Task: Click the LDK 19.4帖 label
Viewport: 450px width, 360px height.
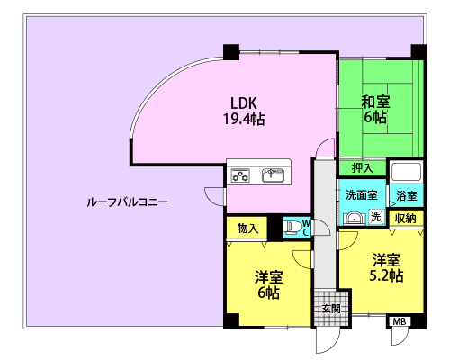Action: (x=244, y=111)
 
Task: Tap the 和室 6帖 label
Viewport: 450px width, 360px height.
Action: (x=375, y=109)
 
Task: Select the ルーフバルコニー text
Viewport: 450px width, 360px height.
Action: (x=127, y=202)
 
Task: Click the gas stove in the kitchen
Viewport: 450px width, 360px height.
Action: (x=240, y=175)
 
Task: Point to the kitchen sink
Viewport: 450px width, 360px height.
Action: (x=273, y=175)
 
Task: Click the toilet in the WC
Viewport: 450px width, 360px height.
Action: (x=291, y=228)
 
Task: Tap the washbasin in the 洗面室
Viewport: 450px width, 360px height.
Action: (x=355, y=218)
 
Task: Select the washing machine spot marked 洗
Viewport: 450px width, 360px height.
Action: (x=376, y=217)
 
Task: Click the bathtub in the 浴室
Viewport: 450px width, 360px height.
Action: (x=406, y=172)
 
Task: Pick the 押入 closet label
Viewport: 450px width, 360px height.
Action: (x=363, y=168)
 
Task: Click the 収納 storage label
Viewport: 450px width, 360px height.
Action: (x=406, y=219)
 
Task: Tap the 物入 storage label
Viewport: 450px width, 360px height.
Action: (x=247, y=229)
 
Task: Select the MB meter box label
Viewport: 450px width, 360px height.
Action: (x=400, y=321)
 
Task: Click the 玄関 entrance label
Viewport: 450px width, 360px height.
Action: (x=331, y=309)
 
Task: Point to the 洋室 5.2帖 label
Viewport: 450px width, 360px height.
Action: (x=386, y=267)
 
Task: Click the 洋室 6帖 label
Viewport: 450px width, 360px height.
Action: (x=269, y=284)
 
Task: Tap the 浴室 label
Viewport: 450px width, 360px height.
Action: (x=407, y=196)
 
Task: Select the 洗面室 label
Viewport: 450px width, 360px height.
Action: (x=361, y=195)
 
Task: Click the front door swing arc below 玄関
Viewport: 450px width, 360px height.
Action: (x=334, y=345)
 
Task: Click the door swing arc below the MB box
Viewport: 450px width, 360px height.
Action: (x=403, y=340)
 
